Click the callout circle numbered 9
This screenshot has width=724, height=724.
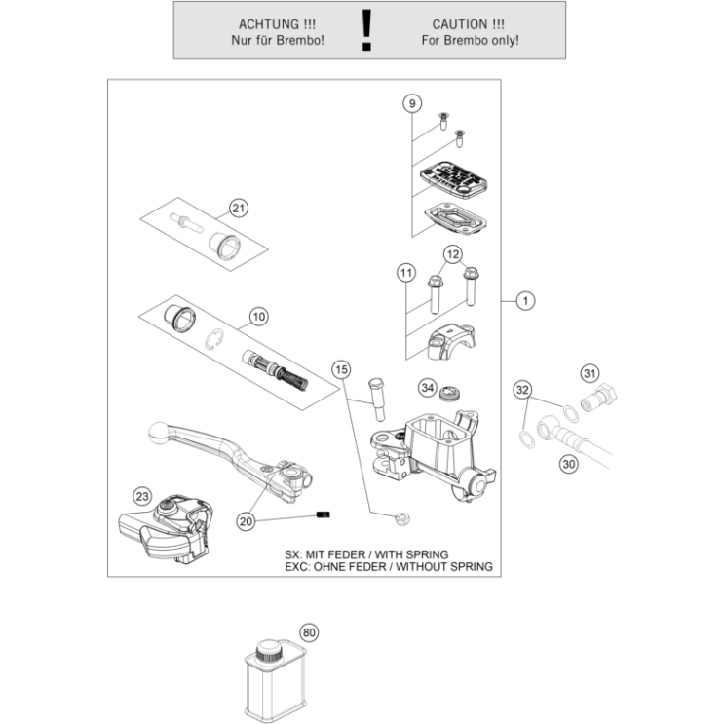point(412,103)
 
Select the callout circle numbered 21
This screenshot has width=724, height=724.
point(239,207)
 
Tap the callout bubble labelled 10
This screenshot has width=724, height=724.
point(257,316)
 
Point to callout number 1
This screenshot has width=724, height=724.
point(525,301)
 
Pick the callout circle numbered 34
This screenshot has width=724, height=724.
point(427,388)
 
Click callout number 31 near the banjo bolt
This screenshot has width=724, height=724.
point(589,373)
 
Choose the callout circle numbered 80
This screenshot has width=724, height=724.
point(310,632)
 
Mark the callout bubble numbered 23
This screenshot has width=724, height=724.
point(143,496)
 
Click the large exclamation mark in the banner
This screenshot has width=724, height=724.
point(366,30)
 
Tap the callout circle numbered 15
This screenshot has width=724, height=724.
point(340,369)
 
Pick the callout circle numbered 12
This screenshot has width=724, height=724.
point(453,254)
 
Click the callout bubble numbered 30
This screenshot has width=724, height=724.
point(569,464)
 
